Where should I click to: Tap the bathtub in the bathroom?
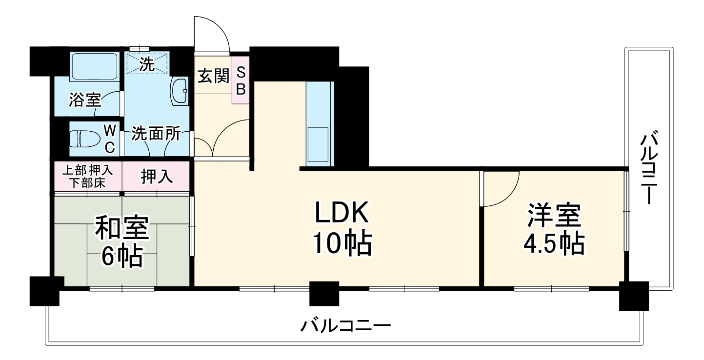pyautogui.click(x=94, y=67)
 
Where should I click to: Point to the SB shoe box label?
pyautogui.click(x=241, y=81)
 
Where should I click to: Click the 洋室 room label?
pyautogui.click(x=553, y=216)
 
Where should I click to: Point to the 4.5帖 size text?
pyautogui.click(x=553, y=245)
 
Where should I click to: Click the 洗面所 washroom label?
pyautogui.click(x=156, y=134)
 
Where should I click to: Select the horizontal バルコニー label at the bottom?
pyautogui.click(x=345, y=324)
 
